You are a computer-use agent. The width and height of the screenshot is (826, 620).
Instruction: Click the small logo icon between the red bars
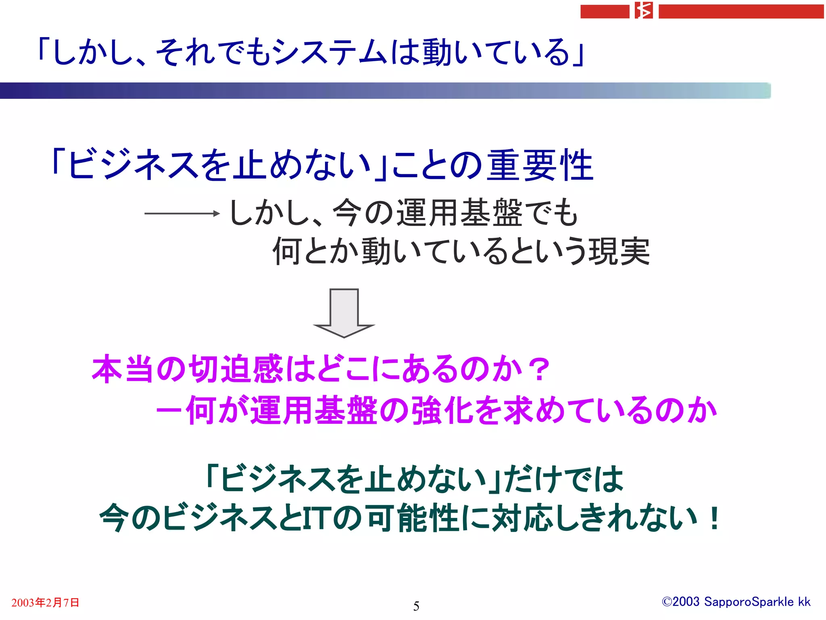[644, 10]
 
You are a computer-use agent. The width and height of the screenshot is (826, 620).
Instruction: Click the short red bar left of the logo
[605, 11]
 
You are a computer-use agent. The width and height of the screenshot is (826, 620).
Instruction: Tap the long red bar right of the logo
[741, 11]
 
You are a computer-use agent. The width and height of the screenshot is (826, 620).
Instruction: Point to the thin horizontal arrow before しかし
[182, 213]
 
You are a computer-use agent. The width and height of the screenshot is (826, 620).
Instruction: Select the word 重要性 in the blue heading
[540, 165]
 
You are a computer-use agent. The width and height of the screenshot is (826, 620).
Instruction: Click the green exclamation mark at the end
[714, 518]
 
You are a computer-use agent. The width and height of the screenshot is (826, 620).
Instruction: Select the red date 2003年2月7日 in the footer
[45, 603]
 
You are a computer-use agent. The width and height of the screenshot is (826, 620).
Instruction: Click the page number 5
[416, 606]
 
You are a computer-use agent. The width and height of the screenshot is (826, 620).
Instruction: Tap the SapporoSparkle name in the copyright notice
[749, 602]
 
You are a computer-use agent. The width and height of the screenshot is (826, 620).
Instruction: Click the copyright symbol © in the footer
[666, 602]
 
